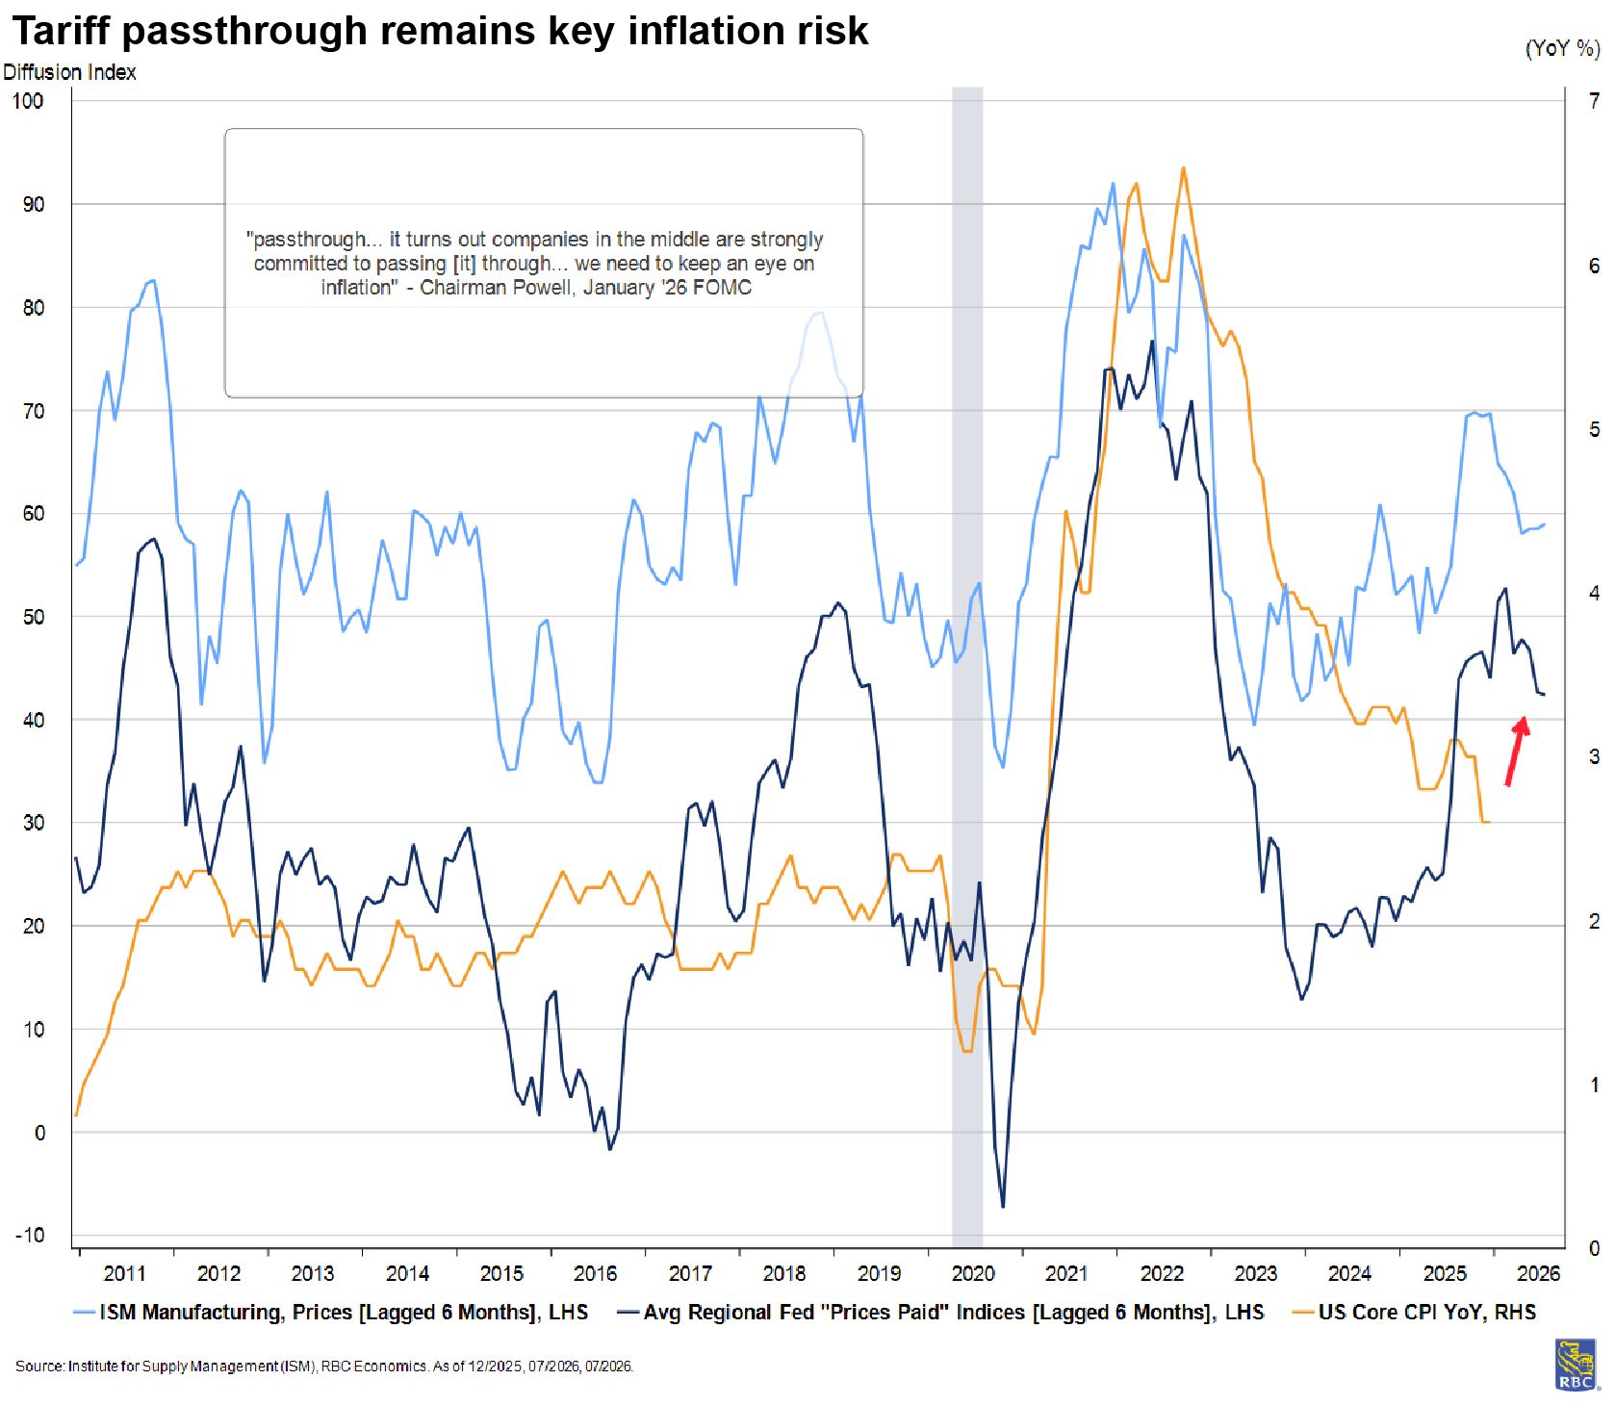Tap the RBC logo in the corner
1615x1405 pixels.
[x=1576, y=1365]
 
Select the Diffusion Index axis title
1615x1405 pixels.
[x=69, y=72]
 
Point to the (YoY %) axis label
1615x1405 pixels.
[x=1561, y=48]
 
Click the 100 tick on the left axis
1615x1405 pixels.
[x=28, y=101]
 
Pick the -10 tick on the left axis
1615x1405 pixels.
[x=30, y=1236]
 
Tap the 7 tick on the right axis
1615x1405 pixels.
[x=1594, y=101]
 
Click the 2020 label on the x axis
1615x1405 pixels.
[x=973, y=1274]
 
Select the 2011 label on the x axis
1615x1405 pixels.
[x=124, y=1274]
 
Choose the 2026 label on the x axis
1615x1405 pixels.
[x=1538, y=1274]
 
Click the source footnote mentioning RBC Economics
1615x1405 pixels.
[x=323, y=1367]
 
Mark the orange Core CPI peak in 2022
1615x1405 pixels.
[x=1183, y=168]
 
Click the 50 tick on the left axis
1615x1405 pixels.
[x=33, y=617]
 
